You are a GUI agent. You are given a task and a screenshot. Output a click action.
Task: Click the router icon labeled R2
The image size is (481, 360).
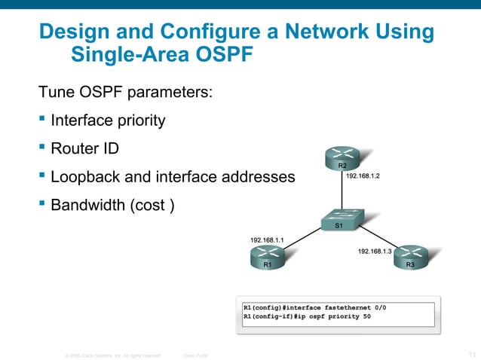(x=342, y=158)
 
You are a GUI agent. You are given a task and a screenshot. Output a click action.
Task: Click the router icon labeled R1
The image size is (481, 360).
(x=267, y=258)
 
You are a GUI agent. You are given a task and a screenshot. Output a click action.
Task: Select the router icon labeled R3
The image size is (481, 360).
(x=409, y=258)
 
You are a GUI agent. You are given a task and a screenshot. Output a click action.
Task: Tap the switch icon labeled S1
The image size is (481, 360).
(x=339, y=220)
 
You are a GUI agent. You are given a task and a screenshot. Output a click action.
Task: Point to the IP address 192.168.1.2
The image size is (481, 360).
(x=363, y=175)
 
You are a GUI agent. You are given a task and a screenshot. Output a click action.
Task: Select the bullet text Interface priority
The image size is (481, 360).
(x=108, y=121)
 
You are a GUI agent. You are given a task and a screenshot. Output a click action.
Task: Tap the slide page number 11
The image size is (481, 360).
(x=471, y=353)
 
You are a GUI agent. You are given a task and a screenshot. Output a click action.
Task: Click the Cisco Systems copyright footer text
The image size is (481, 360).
(x=113, y=354)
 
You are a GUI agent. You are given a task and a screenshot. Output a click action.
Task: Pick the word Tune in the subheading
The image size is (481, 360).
(x=56, y=93)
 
